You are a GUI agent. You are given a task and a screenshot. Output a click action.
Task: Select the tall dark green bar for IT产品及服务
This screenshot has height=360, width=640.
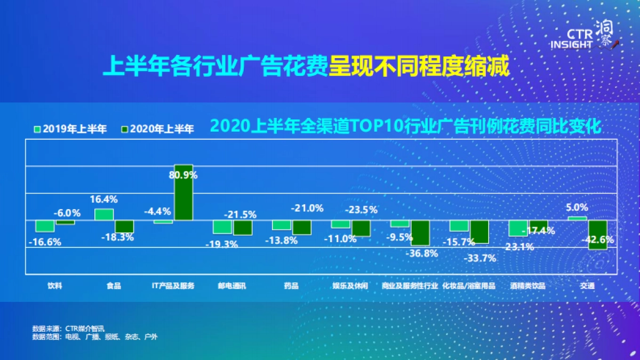[183, 193]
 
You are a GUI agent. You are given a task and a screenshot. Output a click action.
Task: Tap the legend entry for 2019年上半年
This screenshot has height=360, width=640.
[70, 129]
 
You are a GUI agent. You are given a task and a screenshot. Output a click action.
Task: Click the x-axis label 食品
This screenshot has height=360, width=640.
[114, 286]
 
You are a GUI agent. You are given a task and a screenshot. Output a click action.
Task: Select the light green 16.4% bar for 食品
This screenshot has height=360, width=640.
[104, 214]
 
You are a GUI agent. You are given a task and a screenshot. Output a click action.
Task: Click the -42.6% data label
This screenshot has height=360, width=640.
[599, 239]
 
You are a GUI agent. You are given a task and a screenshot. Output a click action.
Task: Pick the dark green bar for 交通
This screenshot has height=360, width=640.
[598, 235]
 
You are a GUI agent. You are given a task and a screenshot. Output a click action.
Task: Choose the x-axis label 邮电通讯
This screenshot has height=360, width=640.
[232, 286]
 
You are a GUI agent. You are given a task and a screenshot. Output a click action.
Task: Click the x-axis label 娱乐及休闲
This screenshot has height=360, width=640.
[350, 286]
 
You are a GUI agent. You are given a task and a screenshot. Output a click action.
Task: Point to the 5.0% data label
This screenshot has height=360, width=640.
[577, 207]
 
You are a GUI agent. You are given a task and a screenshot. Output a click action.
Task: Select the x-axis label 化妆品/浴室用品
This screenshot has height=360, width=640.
[469, 286]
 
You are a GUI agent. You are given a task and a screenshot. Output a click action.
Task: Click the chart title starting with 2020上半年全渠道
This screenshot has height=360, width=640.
[406, 126]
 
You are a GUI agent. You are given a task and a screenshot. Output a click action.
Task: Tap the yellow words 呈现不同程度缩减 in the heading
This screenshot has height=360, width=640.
[419, 68]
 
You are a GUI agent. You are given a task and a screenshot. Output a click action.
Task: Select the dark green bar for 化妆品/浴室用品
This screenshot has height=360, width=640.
[479, 232]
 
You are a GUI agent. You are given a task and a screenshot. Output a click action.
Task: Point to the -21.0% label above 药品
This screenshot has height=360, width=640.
[307, 208]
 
